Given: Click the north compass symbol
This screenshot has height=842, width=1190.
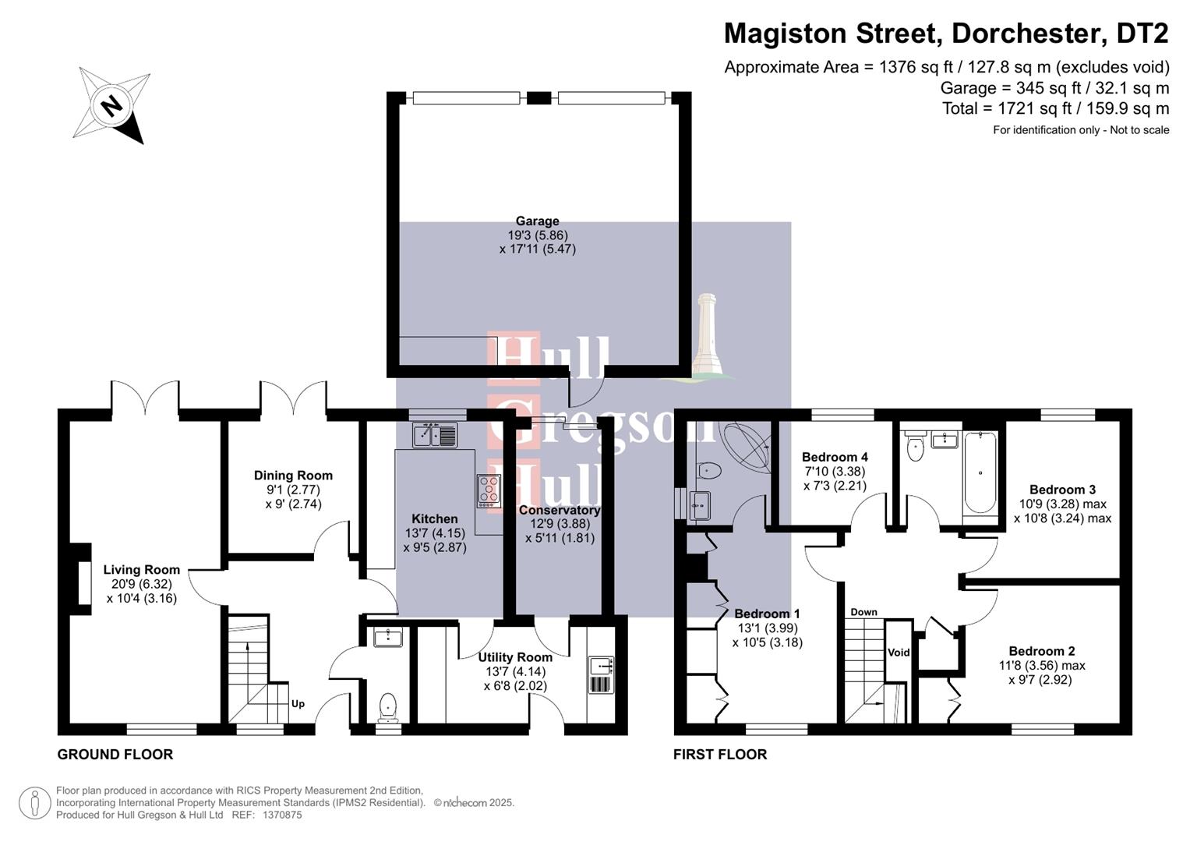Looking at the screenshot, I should pos(112,105).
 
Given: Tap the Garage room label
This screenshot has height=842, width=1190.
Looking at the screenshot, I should pos(537,221).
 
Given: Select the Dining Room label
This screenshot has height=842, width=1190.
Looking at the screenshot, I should pos(293,476).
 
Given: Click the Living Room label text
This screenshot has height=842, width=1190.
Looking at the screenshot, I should pos(141,570).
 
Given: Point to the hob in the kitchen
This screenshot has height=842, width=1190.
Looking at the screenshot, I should pos(489,490).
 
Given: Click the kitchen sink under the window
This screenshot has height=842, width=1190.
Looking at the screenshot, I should pos(436,434).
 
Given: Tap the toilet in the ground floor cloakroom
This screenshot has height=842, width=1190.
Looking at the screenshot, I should pos(387,706).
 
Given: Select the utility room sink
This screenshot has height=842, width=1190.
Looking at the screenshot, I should pos(601,666).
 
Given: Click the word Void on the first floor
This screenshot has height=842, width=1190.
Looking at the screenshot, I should pos(899,653).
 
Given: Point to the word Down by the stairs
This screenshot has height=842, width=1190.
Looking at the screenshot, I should pos(863,612).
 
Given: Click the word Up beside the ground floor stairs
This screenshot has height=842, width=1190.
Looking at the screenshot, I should pos(298,704).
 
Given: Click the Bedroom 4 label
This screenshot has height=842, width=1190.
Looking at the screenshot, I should pos(835,457).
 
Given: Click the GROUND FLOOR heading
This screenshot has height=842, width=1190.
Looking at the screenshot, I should pos(115,755).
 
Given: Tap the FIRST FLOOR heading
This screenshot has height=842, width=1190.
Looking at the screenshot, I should pos(720,755).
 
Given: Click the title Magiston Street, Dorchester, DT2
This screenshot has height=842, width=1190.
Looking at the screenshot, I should pos(946,34).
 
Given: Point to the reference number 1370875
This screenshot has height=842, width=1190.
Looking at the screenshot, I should pos(282,815).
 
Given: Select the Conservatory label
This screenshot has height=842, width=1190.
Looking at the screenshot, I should pos(560,511).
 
